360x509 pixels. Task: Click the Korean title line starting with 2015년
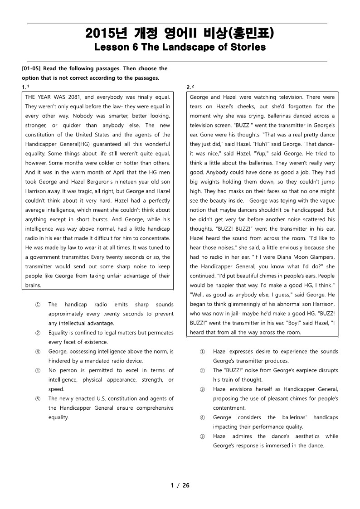(180, 34)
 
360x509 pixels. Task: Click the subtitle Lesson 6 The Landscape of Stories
(180, 47)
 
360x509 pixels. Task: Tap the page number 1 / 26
(180, 485)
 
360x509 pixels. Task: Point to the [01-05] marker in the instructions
(32, 68)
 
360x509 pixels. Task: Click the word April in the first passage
(102, 172)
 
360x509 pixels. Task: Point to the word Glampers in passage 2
(321, 257)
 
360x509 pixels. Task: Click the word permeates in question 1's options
(161, 333)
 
